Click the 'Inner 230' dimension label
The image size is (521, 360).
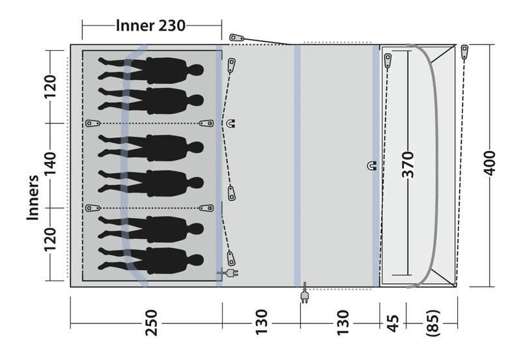[x=150, y=25]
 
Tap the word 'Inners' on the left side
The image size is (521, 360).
[x=33, y=198]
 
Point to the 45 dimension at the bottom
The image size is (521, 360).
[x=393, y=323]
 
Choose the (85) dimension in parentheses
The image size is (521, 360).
[x=433, y=323]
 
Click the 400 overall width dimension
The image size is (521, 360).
[x=490, y=163]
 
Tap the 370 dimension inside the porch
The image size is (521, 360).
[x=408, y=165]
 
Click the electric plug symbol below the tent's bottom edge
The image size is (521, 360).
[x=304, y=293]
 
